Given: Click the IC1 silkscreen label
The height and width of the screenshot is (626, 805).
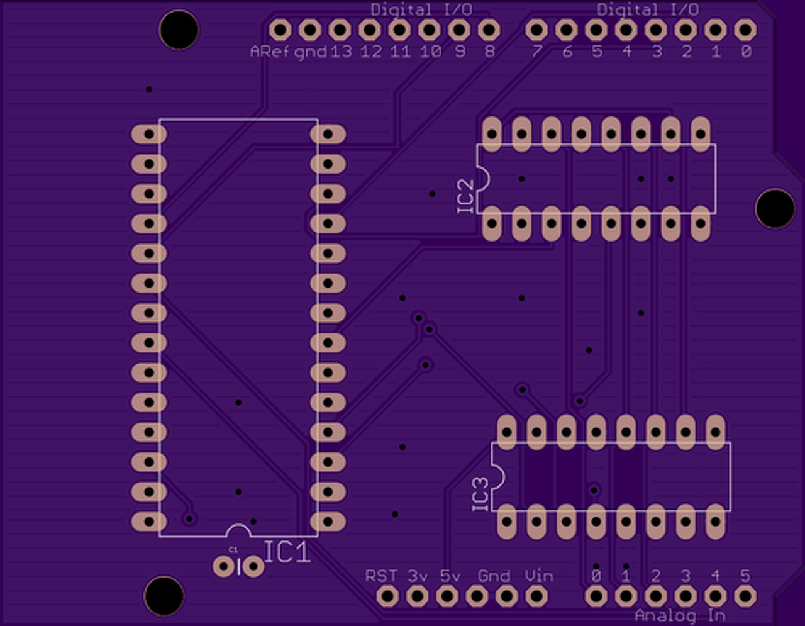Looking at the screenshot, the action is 287,552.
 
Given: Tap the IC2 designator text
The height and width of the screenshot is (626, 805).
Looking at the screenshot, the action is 465,196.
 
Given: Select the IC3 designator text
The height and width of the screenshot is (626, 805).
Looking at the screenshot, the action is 480,494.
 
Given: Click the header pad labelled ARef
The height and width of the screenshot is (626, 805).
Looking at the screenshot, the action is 279,30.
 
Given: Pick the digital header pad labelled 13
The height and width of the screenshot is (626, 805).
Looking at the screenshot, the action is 340,30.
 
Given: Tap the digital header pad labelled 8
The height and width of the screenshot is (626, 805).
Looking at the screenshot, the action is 489,30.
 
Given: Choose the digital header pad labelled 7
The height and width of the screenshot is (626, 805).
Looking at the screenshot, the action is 536,30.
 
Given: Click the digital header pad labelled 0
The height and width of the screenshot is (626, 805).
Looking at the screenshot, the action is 745,30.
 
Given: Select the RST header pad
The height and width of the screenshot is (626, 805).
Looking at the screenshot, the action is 387,596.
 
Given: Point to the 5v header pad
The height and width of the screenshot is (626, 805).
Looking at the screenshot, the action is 447,596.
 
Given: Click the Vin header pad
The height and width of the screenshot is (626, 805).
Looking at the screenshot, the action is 536,596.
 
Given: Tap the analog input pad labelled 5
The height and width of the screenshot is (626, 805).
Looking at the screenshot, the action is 745,596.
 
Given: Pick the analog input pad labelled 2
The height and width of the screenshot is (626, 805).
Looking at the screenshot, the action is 655,596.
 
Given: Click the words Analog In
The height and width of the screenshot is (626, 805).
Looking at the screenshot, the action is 680,615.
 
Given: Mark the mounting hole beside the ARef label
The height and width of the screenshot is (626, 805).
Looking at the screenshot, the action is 179,30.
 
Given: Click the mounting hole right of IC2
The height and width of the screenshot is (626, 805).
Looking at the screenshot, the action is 775,208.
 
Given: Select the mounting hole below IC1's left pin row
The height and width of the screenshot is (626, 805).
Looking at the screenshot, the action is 164,595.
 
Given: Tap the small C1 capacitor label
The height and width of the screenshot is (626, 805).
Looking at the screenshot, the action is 233,549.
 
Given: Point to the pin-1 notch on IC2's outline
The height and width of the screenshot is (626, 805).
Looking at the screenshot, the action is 483,179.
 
